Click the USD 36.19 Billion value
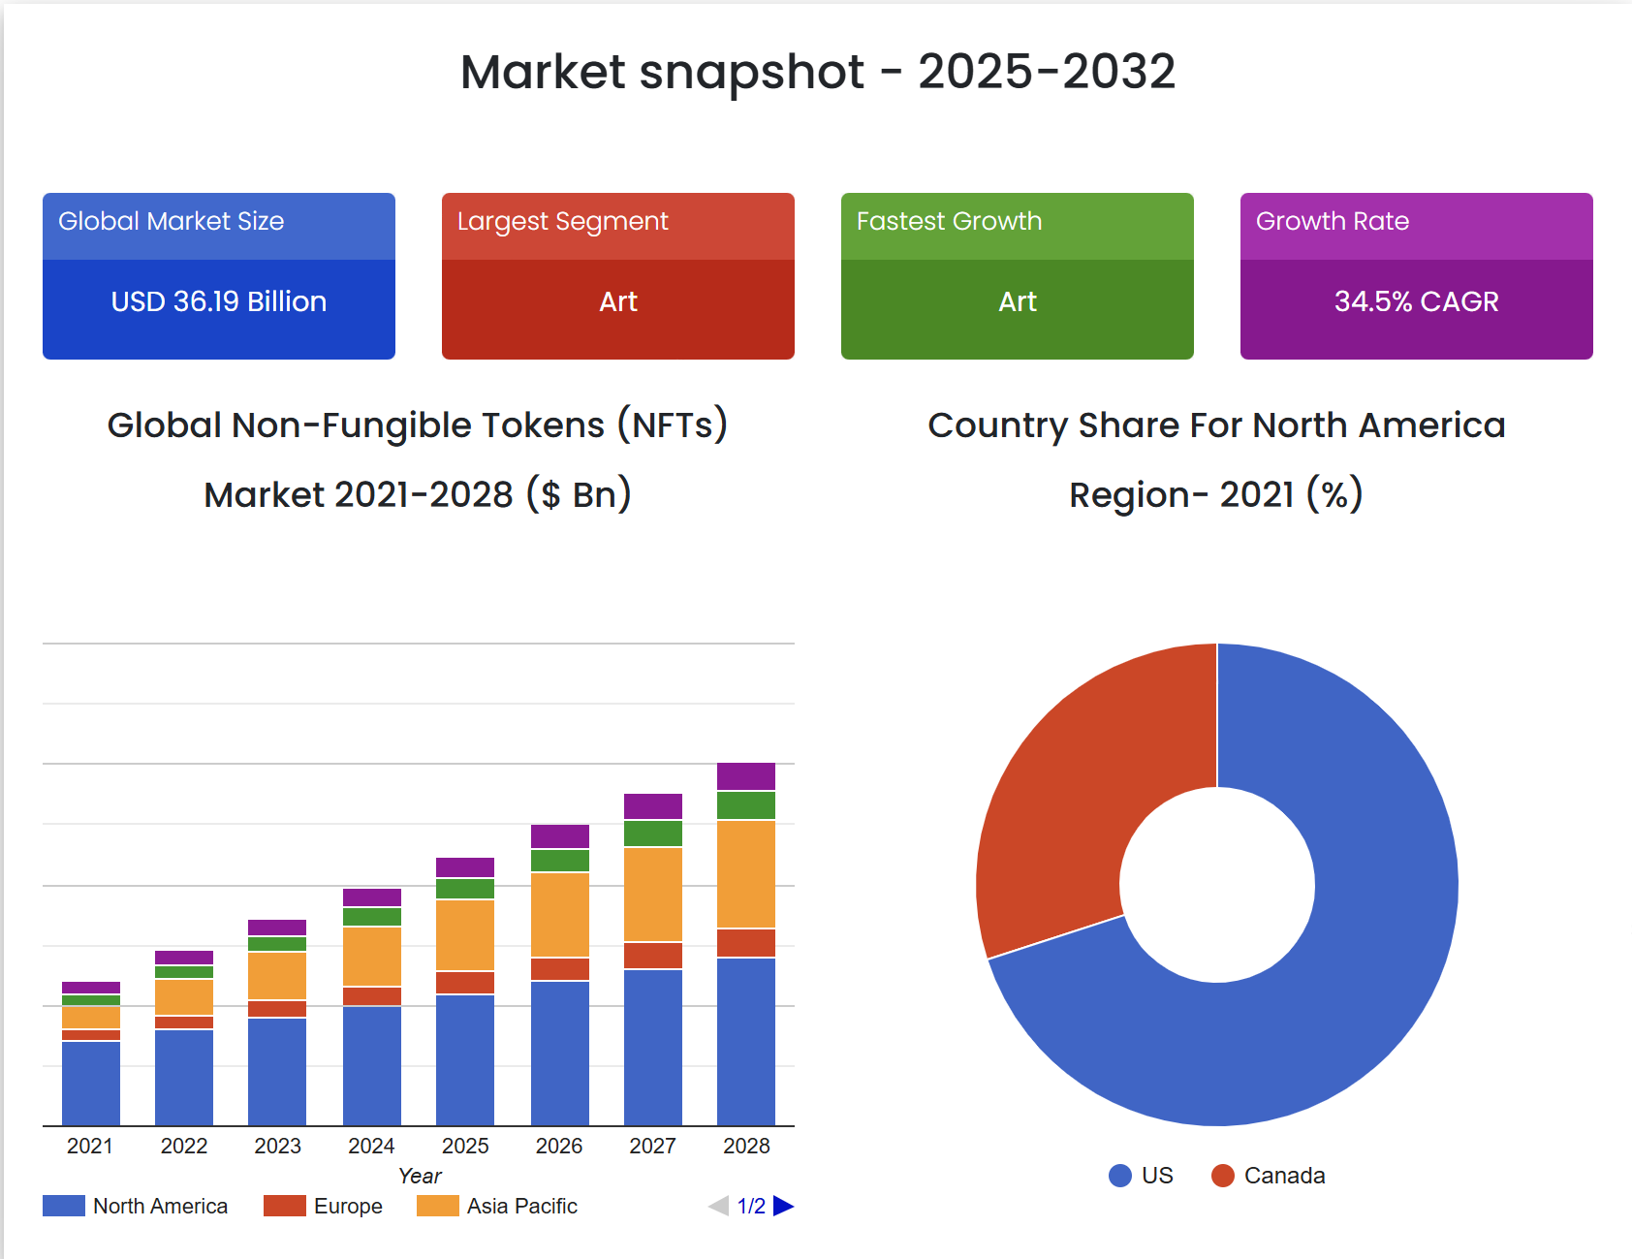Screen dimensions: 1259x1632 point(218,301)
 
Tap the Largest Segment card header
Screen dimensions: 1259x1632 point(617,222)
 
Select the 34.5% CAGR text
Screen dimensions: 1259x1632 point(1416,301)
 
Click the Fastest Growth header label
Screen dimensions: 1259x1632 point(949,222)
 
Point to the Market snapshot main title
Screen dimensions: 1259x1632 point(817,72)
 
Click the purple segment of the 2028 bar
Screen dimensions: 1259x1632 point(745,775)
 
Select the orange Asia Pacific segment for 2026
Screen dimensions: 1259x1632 point(559,914)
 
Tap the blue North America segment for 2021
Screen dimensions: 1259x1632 point(91,1083)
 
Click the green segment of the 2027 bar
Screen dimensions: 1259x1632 point(652,833)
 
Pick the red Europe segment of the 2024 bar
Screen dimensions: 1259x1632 point(371,995)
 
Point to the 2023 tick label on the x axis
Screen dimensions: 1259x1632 point(278,1146)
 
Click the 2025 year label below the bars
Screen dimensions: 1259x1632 point(465,1146)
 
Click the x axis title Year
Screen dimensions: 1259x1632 point(420,1176)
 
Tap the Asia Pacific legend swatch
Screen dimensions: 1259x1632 point(437,1206)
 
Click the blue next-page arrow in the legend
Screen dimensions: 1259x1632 point(783,1206)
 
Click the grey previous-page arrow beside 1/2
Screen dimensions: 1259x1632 point(718,1206)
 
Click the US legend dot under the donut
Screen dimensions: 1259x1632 point(1120,1176)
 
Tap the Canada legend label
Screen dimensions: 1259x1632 point(1284,1176)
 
